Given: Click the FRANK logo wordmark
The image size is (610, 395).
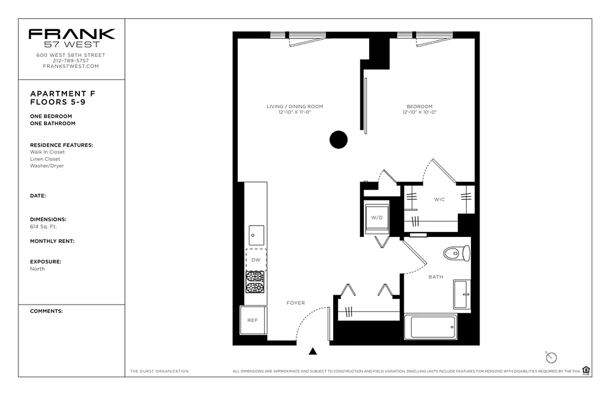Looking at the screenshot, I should (72, 34).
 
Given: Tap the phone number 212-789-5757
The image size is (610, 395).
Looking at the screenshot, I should (71, 61).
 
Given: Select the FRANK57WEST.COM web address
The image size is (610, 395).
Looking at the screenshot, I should (71, 66).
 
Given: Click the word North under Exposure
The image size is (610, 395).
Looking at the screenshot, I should (38, 269).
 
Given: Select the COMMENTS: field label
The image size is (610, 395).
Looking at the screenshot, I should (46, 311).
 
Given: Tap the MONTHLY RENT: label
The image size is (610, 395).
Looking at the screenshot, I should (52, 241).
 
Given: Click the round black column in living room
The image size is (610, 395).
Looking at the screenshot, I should (339, 140).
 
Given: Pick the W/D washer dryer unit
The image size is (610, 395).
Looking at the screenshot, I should (377, 217).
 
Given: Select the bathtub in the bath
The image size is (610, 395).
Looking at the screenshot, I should (433, 327).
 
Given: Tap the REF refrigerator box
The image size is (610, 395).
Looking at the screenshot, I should (253, 320).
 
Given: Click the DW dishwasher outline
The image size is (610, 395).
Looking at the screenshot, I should (256, 260).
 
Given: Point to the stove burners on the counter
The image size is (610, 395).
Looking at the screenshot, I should (256, 282).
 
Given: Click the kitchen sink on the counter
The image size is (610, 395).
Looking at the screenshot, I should (256, 235).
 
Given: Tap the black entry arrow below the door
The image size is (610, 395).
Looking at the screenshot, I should (313, 352).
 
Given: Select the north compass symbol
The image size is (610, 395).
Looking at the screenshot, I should (551, 357).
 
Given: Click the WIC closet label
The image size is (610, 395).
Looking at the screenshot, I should (439, 199).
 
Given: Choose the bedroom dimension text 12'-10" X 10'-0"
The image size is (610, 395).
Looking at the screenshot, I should (419, 113).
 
